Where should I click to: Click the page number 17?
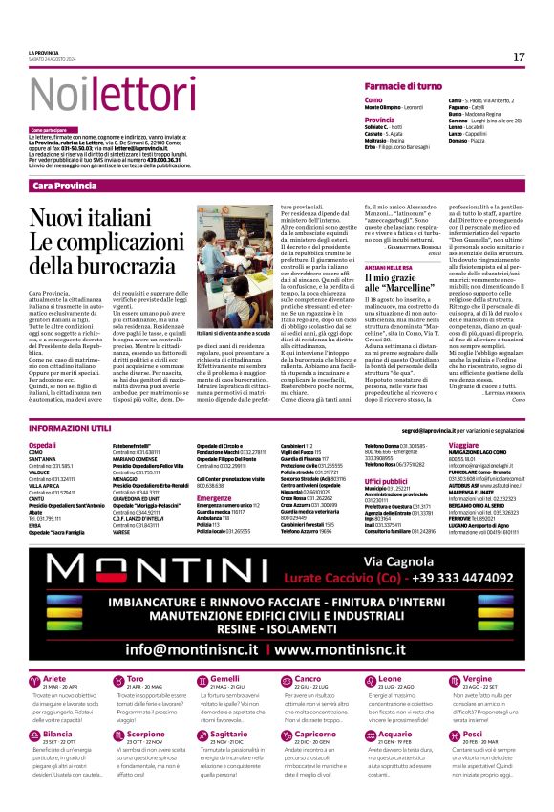point(519,56)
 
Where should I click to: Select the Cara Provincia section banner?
point(64,185)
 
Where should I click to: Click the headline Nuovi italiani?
point(98,219)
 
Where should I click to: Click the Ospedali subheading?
point(42,445)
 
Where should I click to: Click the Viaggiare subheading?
point(462,445)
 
